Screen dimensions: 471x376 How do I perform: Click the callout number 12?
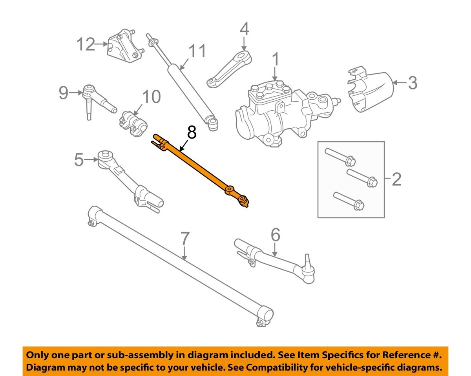(x=86, y=44)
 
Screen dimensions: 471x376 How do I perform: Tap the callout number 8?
(x=191, y=133)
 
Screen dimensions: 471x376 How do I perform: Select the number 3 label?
(x=412, y=83)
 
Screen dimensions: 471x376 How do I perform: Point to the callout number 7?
(x=185, y=239)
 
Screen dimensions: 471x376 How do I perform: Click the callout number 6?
(x=276, y=235)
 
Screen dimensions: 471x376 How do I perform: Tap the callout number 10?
(x=151, y=97)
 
